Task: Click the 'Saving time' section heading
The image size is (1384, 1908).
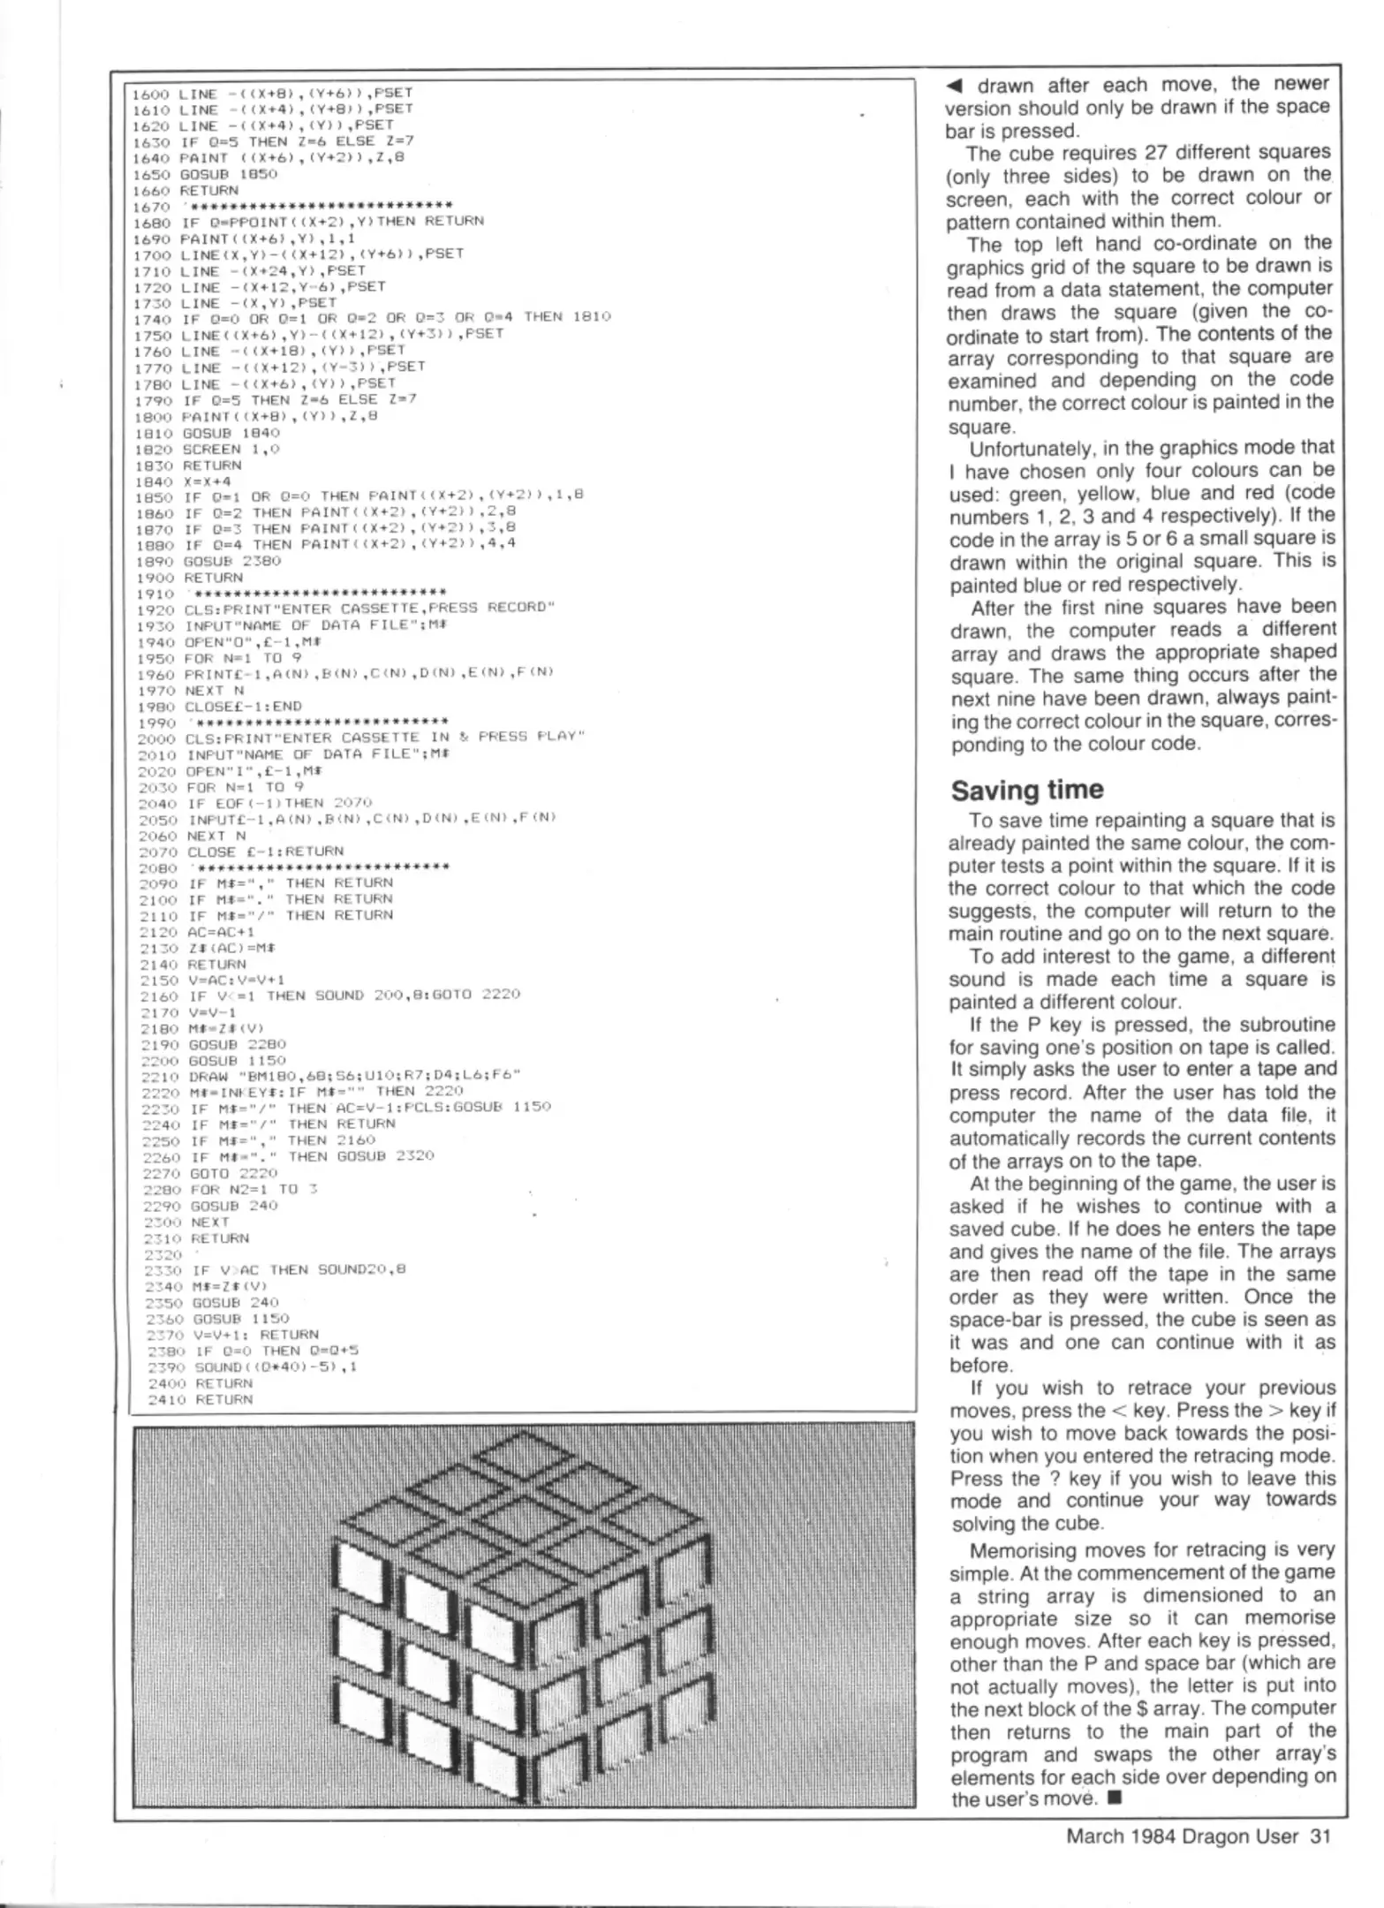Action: (x=1026, y=790)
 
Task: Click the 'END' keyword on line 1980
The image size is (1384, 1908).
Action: (x=288, y=706)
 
